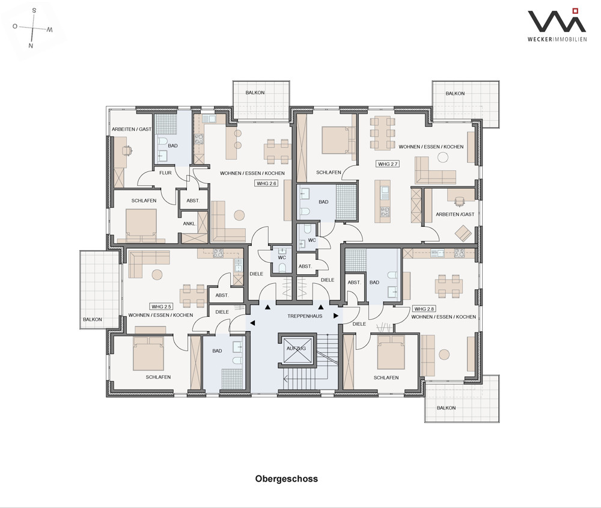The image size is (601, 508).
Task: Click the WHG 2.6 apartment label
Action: click(266, 183)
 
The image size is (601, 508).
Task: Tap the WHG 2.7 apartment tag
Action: click(388, 164)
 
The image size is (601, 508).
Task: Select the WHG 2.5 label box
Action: click(161, 307)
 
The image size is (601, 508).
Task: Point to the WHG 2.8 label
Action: click(424, 308)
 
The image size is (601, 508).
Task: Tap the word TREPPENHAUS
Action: click(305, 316)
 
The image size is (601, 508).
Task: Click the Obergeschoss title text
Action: click(286, 479)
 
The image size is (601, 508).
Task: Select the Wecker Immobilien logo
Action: click(557, 25)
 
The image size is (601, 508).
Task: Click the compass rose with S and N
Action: click(32, 28)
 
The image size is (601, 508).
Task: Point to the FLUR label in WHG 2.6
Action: click(166, 173)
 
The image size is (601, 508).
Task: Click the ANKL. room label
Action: click(189, 224)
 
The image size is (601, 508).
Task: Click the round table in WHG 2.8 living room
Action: click(444, 355)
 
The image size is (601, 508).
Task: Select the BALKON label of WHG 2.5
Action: click(93, 319)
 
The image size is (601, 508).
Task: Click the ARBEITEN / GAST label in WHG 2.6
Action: click(132, 129)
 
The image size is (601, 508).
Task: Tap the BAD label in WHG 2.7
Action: click(323, 201)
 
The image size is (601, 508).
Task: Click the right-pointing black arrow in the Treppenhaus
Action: click(336, 316)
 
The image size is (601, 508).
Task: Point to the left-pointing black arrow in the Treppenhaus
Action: click(252, 323)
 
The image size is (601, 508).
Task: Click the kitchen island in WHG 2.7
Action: click(382, 201)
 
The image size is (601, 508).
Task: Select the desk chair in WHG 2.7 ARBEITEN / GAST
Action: click(459, 201)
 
